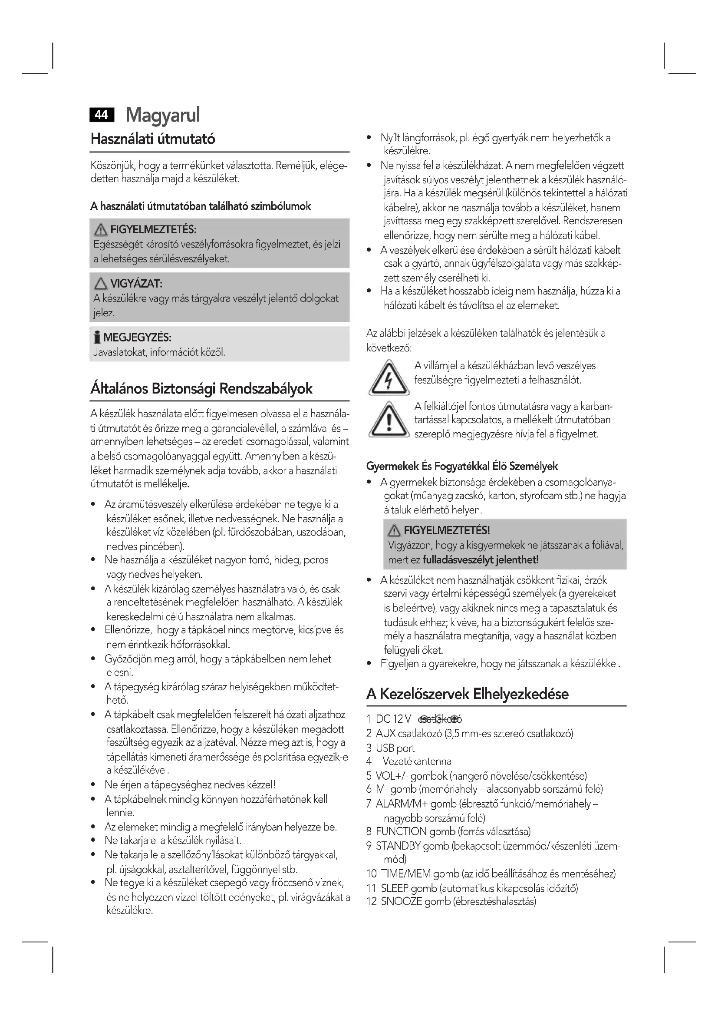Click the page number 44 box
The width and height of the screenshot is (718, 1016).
point(101,115)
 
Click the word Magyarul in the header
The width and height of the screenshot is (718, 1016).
point(163,115)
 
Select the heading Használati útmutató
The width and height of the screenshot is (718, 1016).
point(153,139)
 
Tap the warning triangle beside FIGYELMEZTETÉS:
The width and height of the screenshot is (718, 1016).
point(101,230)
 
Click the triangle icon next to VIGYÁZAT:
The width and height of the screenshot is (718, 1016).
point(101,284)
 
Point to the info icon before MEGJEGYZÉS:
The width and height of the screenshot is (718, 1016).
point(97,338)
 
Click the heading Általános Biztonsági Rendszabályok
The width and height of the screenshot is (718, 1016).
point(201,388)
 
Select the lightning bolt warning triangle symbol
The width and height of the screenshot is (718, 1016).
point(389,379)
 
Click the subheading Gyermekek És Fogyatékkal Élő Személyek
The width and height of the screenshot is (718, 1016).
point(462,467)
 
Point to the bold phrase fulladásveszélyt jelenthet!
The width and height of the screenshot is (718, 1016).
point(481,560)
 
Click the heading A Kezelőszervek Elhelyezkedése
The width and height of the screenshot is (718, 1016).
point(468,694)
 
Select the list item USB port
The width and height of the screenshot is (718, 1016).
point(395,748)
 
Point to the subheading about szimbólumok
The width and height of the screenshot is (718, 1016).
point(201,206)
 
